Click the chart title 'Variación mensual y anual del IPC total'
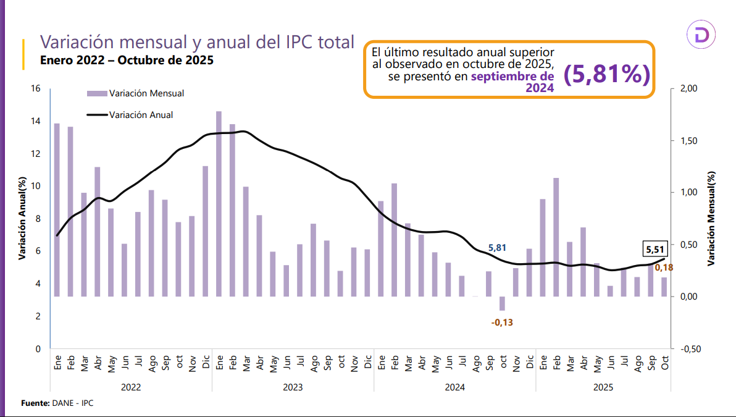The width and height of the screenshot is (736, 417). click(x=197, y=42)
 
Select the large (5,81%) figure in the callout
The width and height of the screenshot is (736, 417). click(x=607, y=74)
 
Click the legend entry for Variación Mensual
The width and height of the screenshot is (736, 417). click(x=136, y=93)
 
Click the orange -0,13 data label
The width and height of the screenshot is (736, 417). click(x=502, y=322)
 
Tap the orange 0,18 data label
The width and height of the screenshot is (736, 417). click(x=664, y=267)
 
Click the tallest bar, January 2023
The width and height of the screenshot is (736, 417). click(x=219, y=204)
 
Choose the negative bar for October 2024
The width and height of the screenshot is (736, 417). click(x=502, y=303)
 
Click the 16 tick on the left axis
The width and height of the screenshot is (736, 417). click(x=36, y=89)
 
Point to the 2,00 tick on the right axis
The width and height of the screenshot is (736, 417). click(x=687, y=89)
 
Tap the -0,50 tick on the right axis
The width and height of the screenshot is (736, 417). click(x=687, y=349)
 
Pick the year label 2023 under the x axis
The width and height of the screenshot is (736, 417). click(x=293, y=387)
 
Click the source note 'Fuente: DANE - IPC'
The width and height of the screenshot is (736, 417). click(x=57, y=403)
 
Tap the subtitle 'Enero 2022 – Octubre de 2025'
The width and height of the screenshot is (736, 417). click(x=127, y=61)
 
